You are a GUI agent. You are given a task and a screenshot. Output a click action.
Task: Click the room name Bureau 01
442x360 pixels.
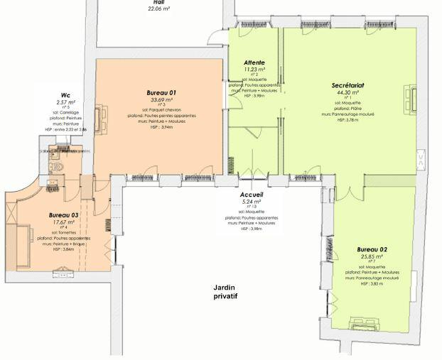click(161, 93)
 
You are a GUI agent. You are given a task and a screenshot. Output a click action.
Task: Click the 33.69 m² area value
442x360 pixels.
click(161, 99)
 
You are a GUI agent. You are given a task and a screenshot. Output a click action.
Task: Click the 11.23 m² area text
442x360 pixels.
click(254, 70)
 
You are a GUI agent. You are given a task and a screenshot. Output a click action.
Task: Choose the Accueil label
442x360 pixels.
click(252, 194)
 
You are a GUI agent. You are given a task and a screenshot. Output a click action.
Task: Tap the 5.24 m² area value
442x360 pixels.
click(252, 201)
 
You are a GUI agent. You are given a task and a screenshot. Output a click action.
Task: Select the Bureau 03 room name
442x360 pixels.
click(63, 214)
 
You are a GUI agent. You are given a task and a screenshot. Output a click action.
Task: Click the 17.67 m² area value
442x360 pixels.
click(63, 222)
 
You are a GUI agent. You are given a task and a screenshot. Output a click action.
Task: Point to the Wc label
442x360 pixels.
click(65, 94)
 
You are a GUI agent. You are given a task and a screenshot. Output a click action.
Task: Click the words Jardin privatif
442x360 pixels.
click(225, 291)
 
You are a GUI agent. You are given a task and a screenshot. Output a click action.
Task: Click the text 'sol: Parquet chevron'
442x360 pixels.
click(161, 110)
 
